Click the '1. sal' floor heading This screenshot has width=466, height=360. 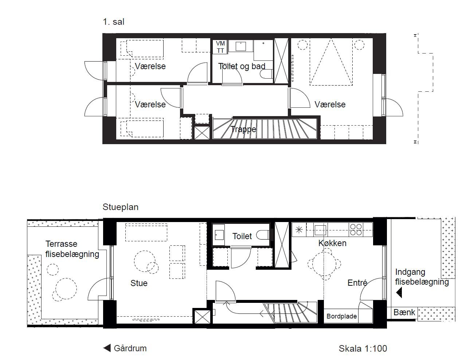(113, 22)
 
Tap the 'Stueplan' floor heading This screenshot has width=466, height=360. (121, 207)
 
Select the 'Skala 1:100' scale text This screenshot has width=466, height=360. (363, 349)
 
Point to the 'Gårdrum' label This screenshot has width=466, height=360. (130, 348)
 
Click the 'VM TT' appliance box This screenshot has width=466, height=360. (220, 47)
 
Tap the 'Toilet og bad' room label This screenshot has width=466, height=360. (242, 66)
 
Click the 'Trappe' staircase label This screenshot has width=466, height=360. (243, 129)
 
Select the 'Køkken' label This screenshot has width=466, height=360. (332, 243)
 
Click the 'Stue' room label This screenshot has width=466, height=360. (139, 283)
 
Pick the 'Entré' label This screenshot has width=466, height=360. (357, 283)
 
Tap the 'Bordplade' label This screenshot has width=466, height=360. (342, 316)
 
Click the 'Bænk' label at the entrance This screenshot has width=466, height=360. (404, 312)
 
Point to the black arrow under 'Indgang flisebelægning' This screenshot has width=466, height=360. (399, 293)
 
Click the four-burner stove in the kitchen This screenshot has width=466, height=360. (356, 230)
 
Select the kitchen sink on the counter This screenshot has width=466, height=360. (320, 230)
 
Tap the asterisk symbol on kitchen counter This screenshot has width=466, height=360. (299, 230)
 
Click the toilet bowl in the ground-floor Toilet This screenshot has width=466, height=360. (262, 235)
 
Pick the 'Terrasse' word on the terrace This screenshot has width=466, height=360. (61, 244)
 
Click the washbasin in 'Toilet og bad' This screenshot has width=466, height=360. (240, 46)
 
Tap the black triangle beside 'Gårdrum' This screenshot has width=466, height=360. (107, 348)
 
